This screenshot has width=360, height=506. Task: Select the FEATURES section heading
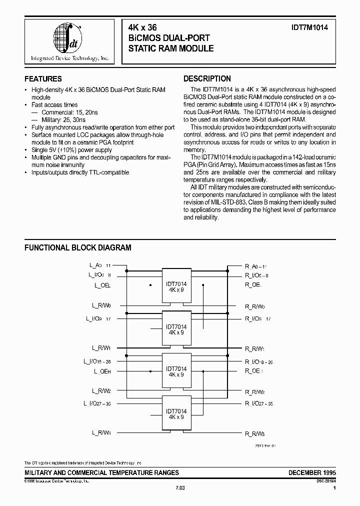pyautogui.click(x=43, y=79)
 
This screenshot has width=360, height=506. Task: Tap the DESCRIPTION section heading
pyautogui.click(x=207, y=79)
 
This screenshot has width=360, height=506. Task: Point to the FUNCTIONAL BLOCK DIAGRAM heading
pyautogui.click(x=78, y=247)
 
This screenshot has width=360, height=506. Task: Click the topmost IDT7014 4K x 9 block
pyautogui.click(x=176, y=287)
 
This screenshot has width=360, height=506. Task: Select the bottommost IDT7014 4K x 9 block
pyautogui.click(x=176, y=413)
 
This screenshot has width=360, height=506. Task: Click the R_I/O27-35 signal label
pyautogui.click(x=258, y=403)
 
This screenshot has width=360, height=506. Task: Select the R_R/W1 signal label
pyautogui.click(x=255, y=347)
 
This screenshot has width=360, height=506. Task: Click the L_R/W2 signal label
pyautogui.click(x=101, y=391)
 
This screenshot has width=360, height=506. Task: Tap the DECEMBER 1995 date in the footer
pyautogui.click(x=312, y=472)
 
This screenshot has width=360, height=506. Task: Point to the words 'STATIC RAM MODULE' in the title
pyautogui.click(x=171, y=48)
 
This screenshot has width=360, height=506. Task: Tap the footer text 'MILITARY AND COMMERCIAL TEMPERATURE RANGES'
pyautogui.click(x=101, y=472)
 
